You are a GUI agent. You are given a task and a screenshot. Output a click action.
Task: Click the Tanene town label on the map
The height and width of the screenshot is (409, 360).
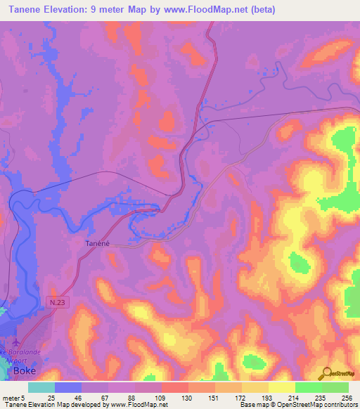pos(91,243)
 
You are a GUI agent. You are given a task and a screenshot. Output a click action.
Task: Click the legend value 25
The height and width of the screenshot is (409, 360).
pos(51,397)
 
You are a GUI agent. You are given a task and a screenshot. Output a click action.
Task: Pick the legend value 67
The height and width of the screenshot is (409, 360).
pos(107,397)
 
